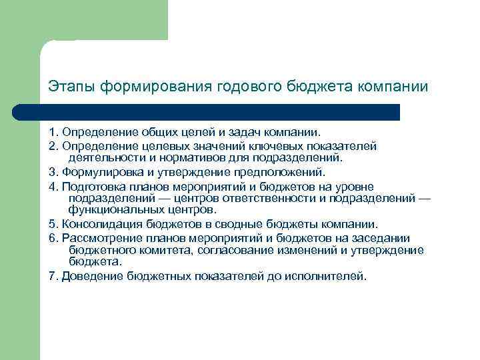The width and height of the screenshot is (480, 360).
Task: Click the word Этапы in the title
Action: point(69,87)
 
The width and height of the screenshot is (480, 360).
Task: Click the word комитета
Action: point(159,250)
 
